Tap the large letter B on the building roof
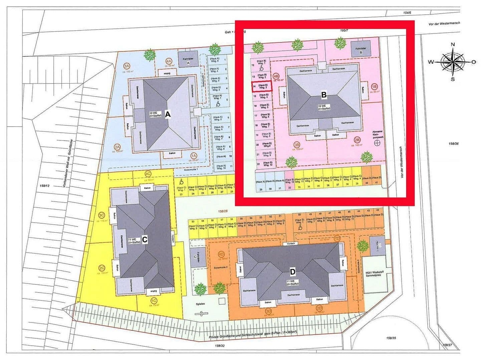point(323,95)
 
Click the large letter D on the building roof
point(292,271)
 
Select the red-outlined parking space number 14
point(261,86)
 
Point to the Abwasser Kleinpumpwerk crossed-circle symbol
point(377,143)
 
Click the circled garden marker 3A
point(127,66)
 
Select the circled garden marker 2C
point(102,268)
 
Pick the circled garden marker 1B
point(374,87)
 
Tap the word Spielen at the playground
point(200,304)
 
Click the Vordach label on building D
point(289,244)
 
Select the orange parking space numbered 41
point(376,180)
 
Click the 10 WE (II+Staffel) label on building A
point(156,114)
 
